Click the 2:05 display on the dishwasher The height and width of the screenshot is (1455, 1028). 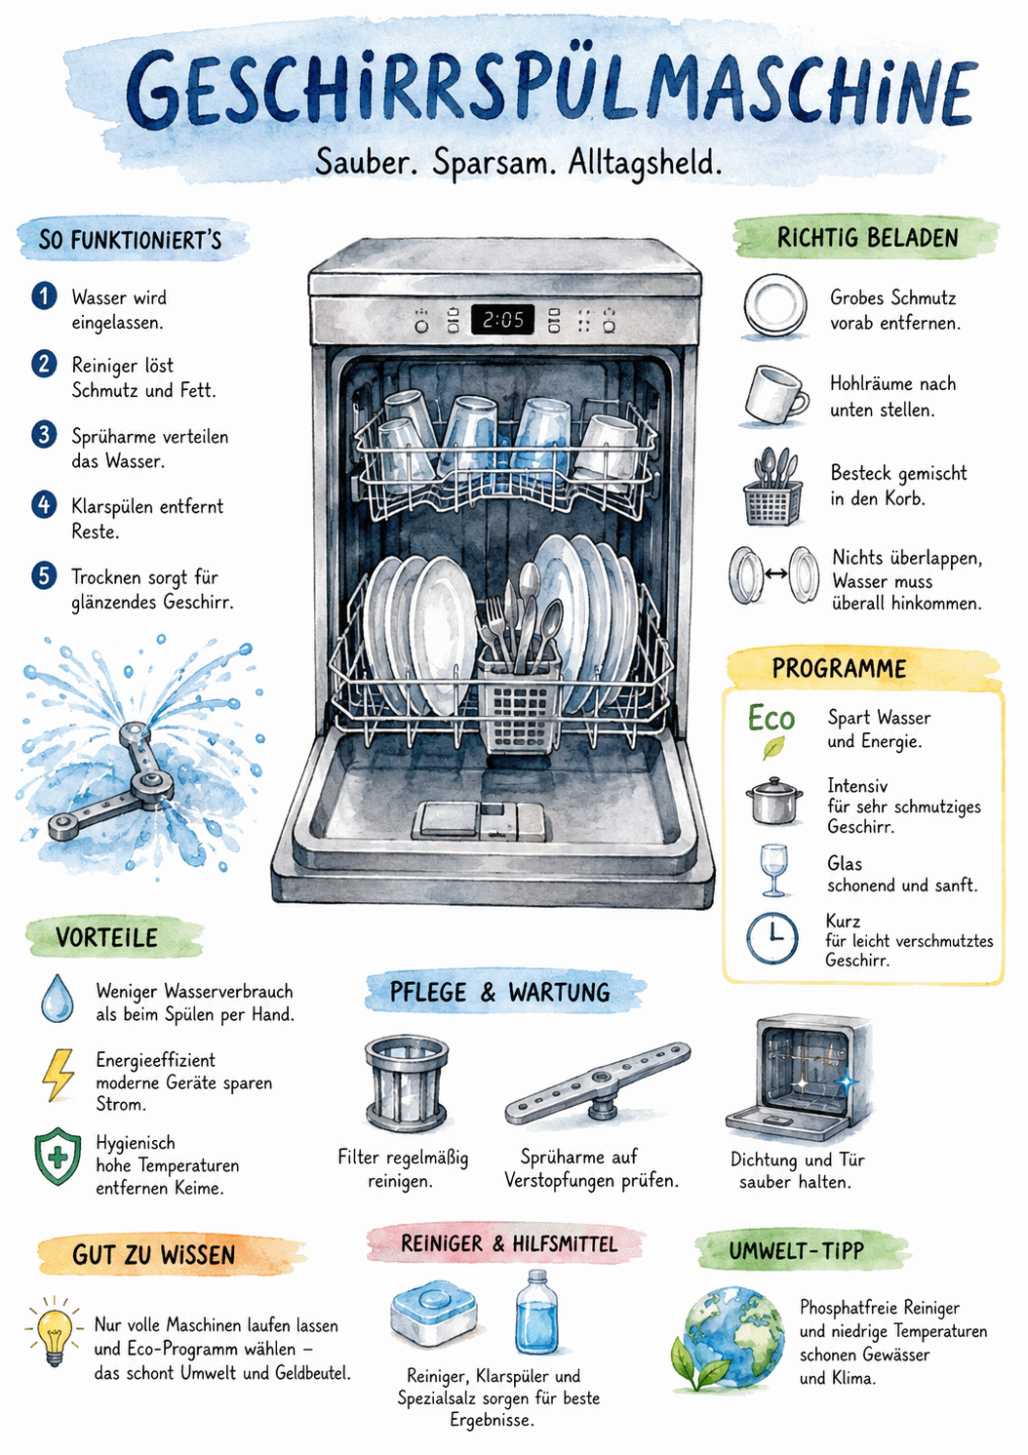tap(502, 319)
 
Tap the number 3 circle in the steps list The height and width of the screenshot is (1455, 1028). tap(44, 434)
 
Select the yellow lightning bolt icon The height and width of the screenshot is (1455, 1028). tap(58, 1075)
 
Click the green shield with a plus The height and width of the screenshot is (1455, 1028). tap(58, 1157)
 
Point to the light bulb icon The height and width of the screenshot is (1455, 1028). tap(55, 1331)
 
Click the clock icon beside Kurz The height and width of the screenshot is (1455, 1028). tap(771, 938)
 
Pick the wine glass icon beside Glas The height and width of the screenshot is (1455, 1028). tap(773, 871)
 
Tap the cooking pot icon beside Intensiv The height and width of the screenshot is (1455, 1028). tap(773, 801)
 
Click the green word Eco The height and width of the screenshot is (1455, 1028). tap(771, 718)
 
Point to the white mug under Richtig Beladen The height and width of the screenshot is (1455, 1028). tap(776, 395)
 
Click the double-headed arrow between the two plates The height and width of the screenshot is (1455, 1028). tap(775, 573)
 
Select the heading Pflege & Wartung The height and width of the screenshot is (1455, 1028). tap(499, 993)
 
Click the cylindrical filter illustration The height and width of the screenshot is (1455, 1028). tap(407, 1084)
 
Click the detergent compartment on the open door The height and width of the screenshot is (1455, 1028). tap(479, 820)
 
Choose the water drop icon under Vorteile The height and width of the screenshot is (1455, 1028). tap(58, 999)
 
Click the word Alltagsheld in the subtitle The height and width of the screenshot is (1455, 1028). tap(645, 163)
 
